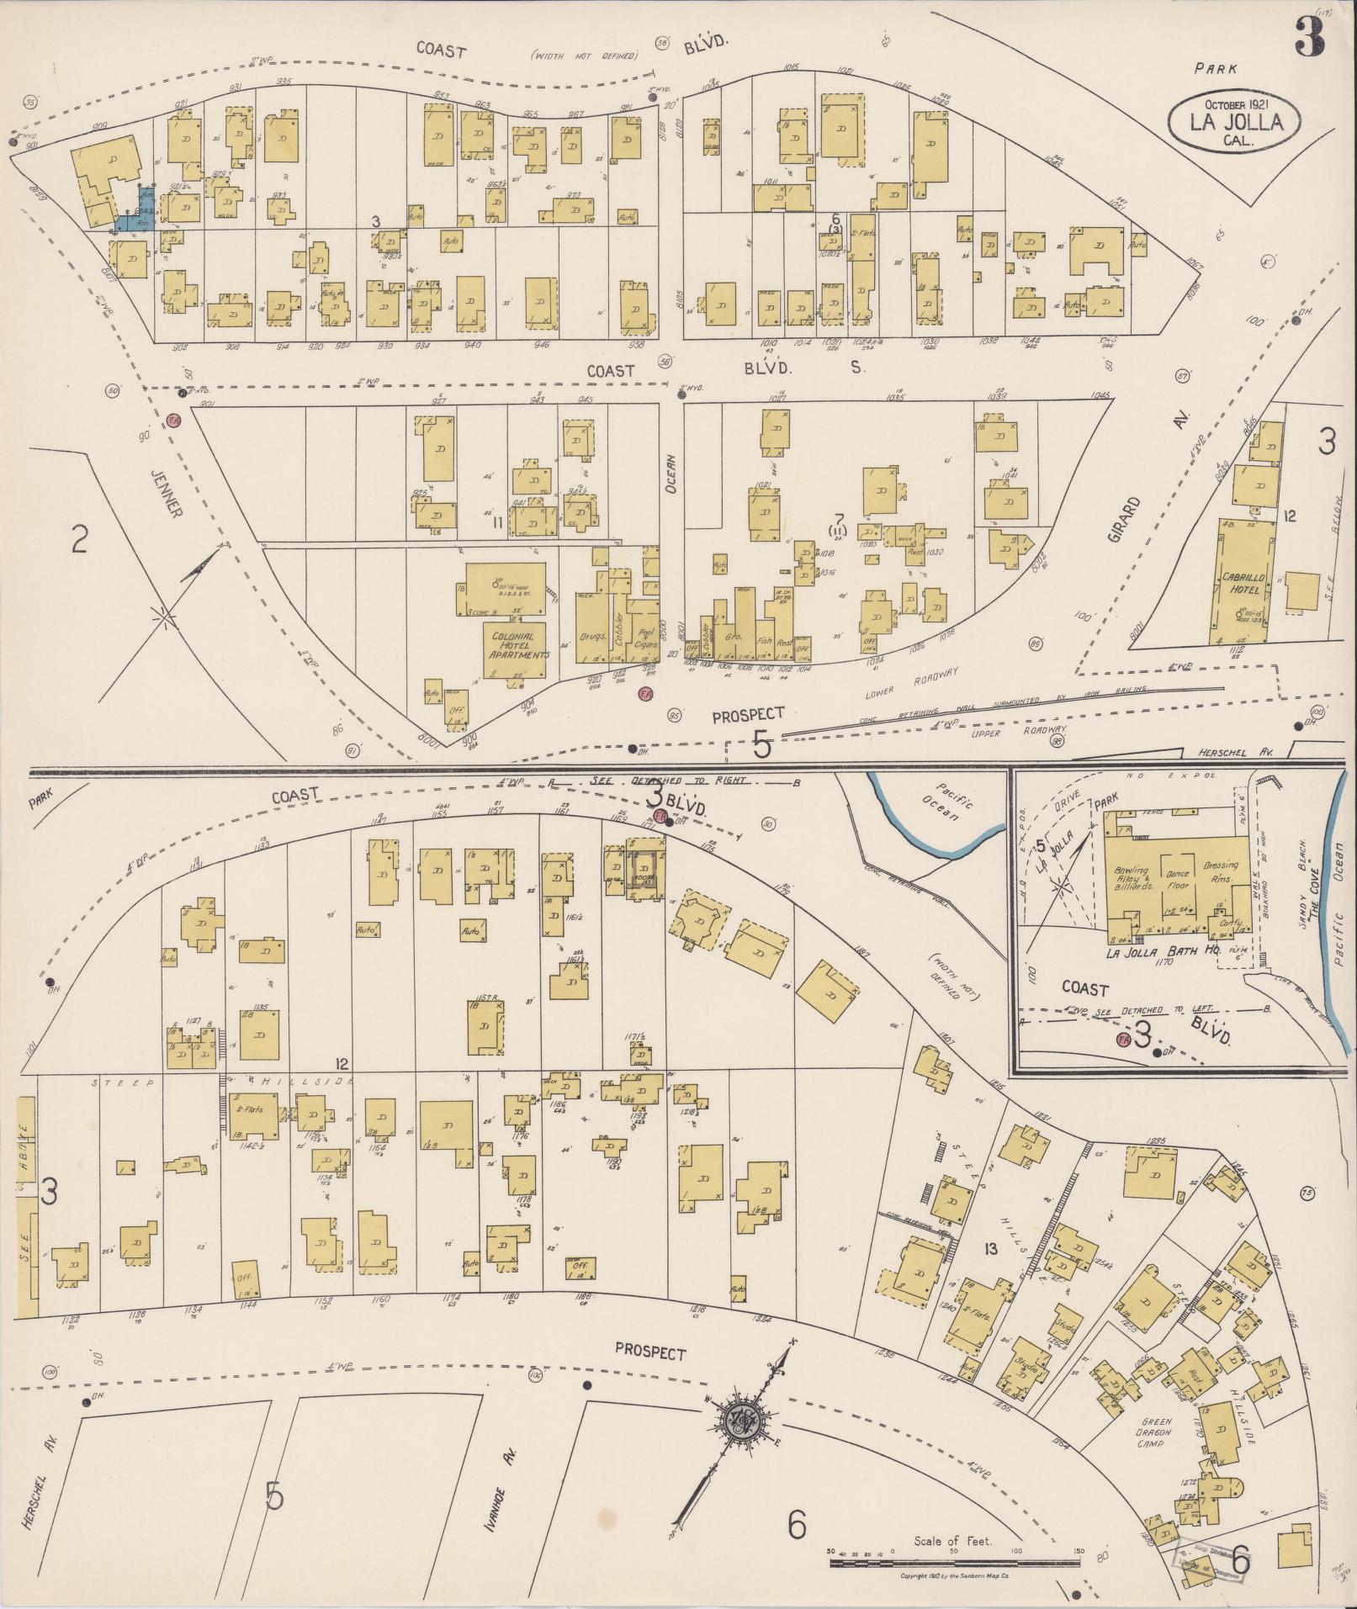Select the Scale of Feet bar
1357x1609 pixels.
(x=955, y=1563)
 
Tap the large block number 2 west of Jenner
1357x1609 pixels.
(x=79, y=539)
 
